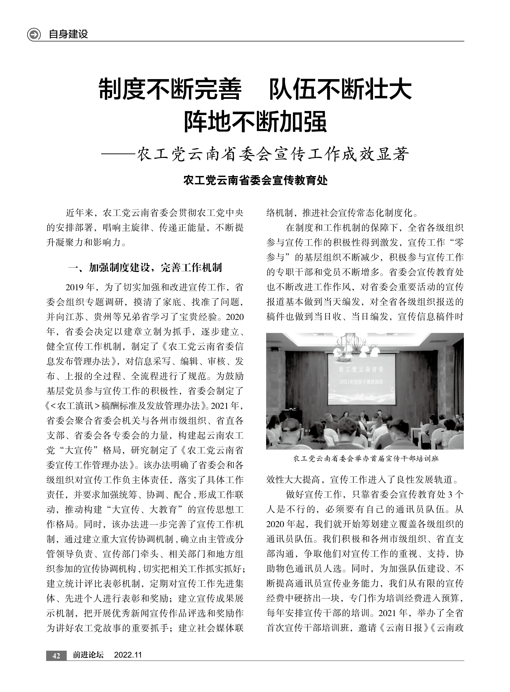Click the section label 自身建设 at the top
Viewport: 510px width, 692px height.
(x=68, y=34)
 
